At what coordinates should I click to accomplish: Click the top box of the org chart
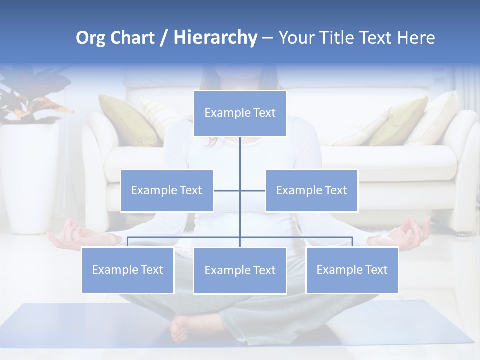pyautogui.click(x=240, y=113)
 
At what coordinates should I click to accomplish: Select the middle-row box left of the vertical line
pyautogui.click(x=167, y=190)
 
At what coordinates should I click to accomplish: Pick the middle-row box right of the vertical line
pyautogui.click(x=311, y=190)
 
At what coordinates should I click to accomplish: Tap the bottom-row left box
pyautogui.click(x=128, y=270)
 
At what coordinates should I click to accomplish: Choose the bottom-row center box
pyautogui.click(x=240, y=270)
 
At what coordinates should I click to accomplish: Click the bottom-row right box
pyautogui.click(x=352, y=270)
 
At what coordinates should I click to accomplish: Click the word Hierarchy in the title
pyautogui.click(x=215, y=38)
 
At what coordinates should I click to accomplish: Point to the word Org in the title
pyautogui.click(x=90, y=38)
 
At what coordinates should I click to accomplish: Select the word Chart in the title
pyautogui.click(x=130, y=38)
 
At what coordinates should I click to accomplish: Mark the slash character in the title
pyautogui.click(x=164, y=38)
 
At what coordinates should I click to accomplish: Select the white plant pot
pyautogui.click(x=30, y=175)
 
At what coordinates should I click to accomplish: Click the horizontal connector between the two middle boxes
pyautogui.click(x=240, y=190)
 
